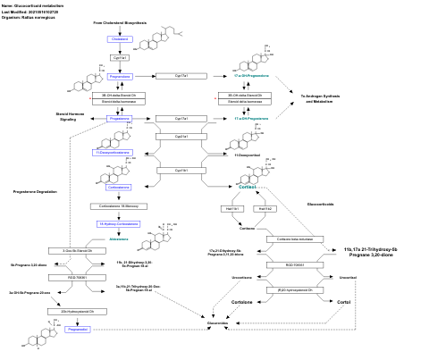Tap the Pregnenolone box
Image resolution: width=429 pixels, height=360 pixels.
(120, 77)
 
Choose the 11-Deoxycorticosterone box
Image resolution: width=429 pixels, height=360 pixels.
(113, 153)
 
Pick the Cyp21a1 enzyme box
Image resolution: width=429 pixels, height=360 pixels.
(181, 137)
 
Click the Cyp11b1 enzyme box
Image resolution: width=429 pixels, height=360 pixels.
(181, 170)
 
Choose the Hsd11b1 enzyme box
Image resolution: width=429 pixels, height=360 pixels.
(232, 207)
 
